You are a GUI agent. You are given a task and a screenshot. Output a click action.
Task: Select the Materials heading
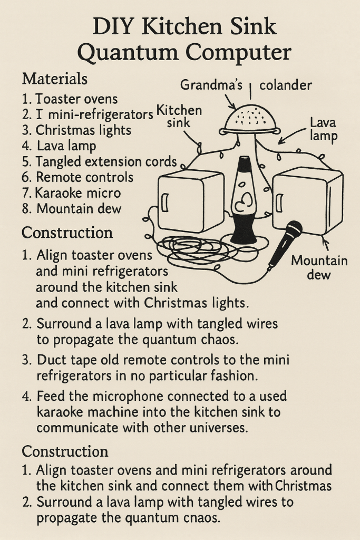click(55, 80)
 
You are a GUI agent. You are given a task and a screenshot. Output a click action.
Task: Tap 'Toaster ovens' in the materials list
click(76, 99)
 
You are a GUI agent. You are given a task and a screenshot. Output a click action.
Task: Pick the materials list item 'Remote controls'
click(84, 177)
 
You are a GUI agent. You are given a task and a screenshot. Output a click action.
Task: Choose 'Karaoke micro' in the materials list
click(79, 193)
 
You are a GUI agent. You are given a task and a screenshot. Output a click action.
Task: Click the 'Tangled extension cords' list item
click(106, 161)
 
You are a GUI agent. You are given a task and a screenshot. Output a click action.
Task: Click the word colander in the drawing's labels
click(286, 85)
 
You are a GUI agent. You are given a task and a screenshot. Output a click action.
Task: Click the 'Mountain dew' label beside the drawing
click(319, 267)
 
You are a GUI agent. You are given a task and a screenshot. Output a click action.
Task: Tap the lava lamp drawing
click(244, 200)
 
